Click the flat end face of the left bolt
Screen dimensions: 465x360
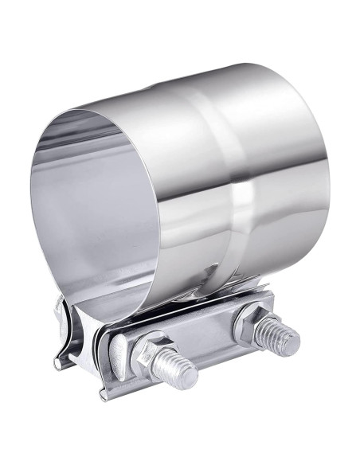click(x=190, y=375)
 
